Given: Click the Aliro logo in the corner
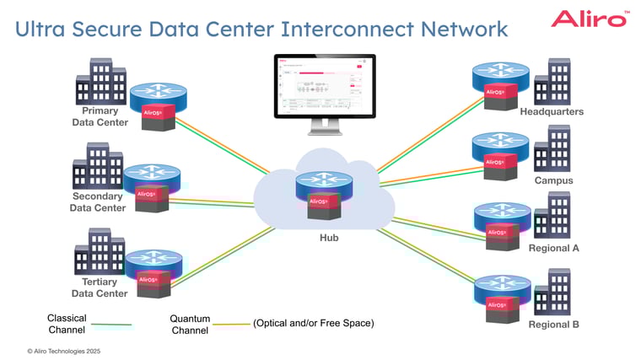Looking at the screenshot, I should [590, 19].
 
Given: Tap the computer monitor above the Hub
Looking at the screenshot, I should [325, 89].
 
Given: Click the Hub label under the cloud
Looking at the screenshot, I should [329, 238].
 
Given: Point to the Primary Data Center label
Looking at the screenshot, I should [100, 116].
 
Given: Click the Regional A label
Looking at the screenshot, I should [553, 248].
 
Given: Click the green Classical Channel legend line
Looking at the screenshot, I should [111, 324].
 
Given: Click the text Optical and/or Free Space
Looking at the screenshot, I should [313, 323].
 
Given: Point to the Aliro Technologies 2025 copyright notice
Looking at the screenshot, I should [63, 349].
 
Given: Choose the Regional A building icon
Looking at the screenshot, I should [557, 216].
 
